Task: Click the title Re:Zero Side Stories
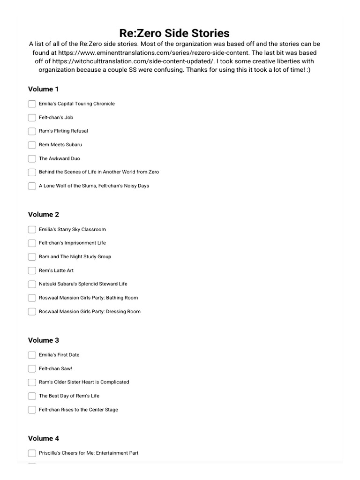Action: pos(174,33)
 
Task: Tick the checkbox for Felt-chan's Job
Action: pos(32,118)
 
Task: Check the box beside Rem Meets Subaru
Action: pos(32,145)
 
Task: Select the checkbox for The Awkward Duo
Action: pos(32,158)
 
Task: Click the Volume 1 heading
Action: pos(43,89)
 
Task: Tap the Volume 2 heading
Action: pos(43,215)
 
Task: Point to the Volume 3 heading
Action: pos(43,340)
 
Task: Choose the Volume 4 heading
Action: pos(43,438)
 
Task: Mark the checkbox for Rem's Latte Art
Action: pos(32,270)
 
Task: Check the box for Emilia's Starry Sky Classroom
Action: pos(32,230)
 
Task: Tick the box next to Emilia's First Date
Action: pos(32,355)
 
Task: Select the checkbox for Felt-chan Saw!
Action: pos(32,368)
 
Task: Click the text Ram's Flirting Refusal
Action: pos(63,131)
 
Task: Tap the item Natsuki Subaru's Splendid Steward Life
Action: pos(83,284)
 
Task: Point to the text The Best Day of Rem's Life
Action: pos(69,396)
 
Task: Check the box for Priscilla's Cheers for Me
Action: pos(32,453)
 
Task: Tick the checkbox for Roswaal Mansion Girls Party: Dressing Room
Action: pos(32,312)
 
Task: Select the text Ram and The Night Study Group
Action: pos(75,256)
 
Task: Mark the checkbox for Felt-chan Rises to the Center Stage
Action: pos(32,410)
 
